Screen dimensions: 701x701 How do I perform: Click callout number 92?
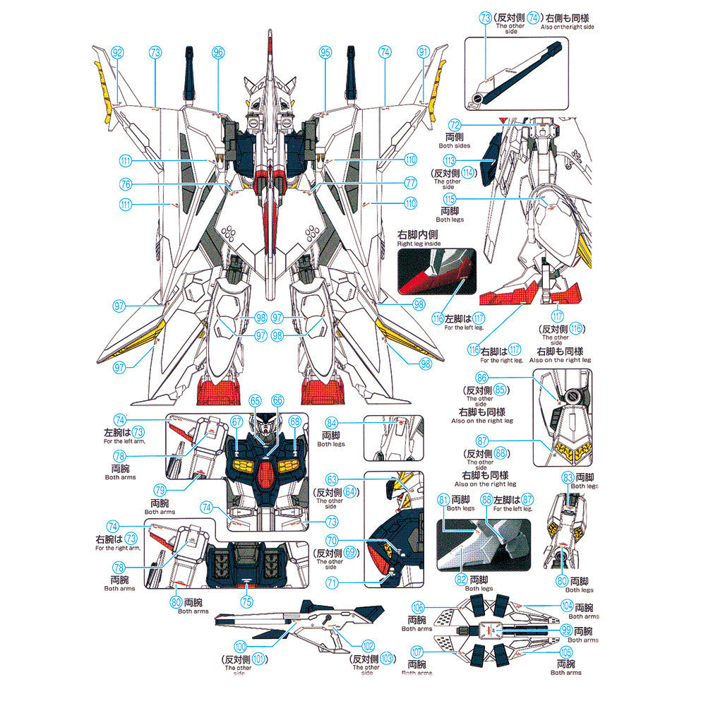pos(118,52)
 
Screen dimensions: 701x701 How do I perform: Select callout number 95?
pos(325,52)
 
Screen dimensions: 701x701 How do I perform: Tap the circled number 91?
pos(424,52)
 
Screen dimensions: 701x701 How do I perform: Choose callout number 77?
pos(411,182)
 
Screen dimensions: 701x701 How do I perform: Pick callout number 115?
pos(449,200)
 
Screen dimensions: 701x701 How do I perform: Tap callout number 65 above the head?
pos(256,400)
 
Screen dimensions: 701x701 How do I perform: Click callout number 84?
pos(332,423)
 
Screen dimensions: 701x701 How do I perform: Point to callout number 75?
pos(246,602)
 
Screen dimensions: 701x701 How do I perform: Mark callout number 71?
pos(332,582)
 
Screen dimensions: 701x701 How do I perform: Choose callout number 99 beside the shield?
pos(567,629)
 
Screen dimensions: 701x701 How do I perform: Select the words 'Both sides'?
pos(455,145)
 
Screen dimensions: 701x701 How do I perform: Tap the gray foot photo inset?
pos(484,544)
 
